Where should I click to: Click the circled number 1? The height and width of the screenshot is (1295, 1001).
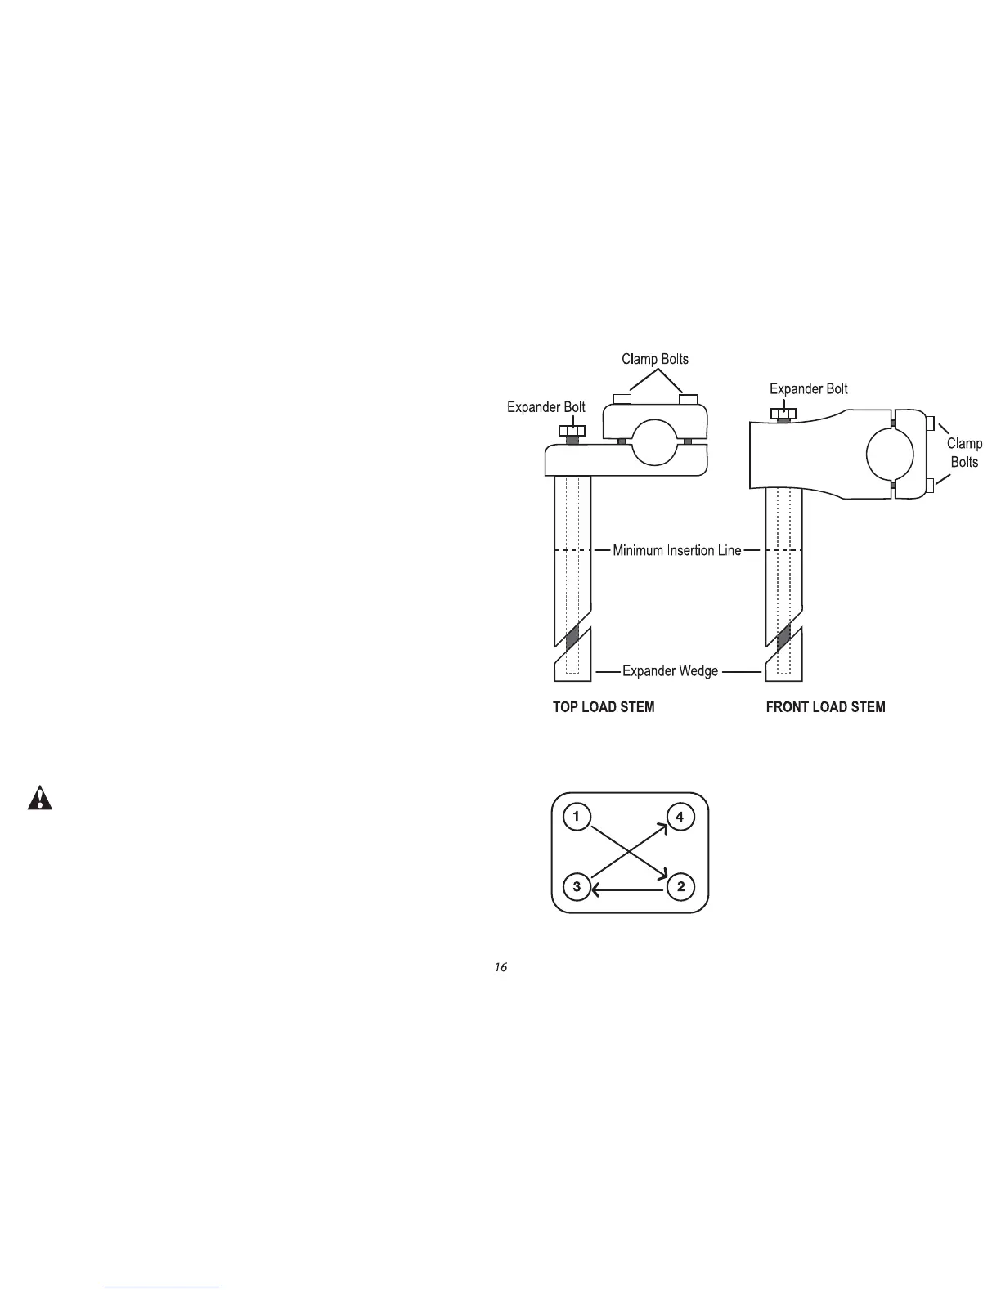(x=577, y=817)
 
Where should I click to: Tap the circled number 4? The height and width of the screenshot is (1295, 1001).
(x=680, y=817)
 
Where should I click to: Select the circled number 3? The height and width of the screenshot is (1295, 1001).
(x=577, y=887)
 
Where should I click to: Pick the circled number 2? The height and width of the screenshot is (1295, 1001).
(x=680, y=887)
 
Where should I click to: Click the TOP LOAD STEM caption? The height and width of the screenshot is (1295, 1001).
(x=604, y=707)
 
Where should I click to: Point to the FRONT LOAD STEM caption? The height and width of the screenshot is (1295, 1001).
(x=825, y=707)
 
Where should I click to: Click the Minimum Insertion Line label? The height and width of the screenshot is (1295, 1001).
(x=677, y=551)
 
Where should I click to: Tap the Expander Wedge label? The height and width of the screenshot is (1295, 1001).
(x=670, y=671)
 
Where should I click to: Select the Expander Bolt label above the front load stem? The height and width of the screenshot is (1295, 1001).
(x=808, y=389)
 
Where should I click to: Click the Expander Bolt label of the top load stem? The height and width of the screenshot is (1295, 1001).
(x=545, y=407)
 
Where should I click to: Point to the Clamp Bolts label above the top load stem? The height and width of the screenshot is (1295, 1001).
(x=655, y=359)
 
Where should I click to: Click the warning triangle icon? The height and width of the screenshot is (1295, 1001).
(x=39, y=798)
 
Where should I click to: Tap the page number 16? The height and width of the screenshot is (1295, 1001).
(x=500, y=968)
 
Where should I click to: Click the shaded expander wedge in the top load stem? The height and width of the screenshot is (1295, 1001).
(x=572, y=635)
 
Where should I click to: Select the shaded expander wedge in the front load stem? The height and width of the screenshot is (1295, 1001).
(x=784, y=635)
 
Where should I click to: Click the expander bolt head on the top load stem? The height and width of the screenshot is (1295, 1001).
(x=572, y=431)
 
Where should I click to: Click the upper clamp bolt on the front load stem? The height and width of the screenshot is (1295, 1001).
(x=931, y=423)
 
